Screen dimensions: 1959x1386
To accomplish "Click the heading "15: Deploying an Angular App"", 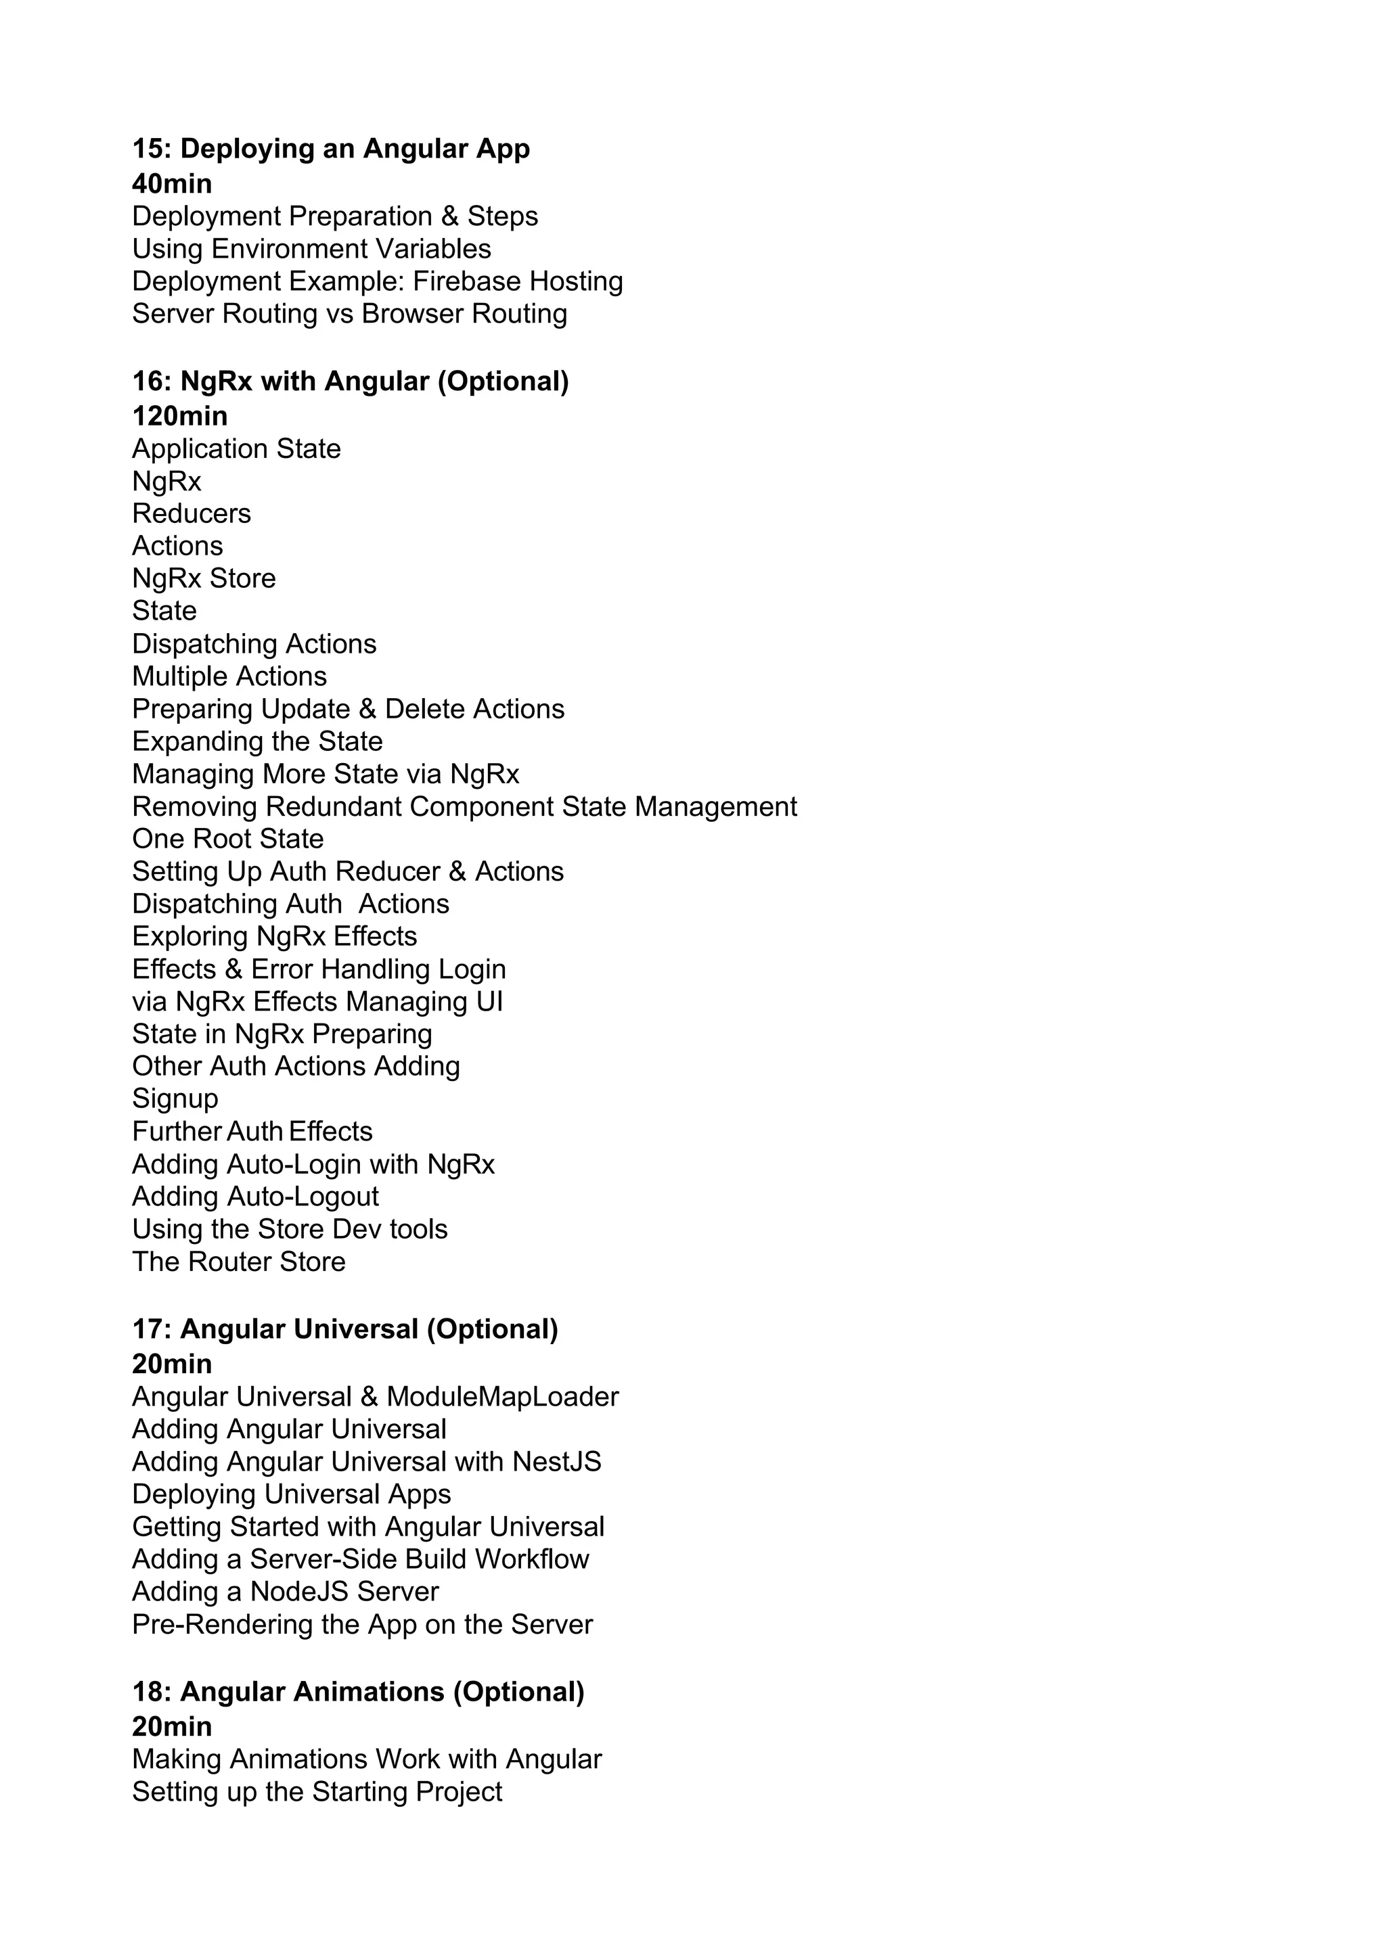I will point(330,149).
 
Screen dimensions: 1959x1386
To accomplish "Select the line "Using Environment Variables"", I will point(311,249).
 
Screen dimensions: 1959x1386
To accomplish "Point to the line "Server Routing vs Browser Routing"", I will point(349,314).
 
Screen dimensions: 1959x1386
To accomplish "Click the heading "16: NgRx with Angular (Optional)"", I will point(350,382).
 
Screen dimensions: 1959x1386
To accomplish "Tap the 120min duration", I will point(179,417).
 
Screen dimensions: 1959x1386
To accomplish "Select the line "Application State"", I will point(236,448).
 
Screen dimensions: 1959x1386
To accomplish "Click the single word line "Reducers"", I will point(191,513).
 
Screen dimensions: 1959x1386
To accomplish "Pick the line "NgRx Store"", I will point(204,578).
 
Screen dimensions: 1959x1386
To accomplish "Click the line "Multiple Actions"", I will point(229,676).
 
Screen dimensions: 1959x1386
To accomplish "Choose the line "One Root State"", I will point(228,839).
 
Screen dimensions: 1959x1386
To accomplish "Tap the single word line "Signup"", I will point(175,1099).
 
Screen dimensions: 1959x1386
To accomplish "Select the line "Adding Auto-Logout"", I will point(255,1197).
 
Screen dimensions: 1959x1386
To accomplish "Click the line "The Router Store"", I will point(239,1262).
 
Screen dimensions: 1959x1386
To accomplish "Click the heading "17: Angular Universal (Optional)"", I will point(344,1329).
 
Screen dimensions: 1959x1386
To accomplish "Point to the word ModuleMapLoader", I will point(502,1398).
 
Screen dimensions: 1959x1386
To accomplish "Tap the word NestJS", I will point(556,1462).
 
